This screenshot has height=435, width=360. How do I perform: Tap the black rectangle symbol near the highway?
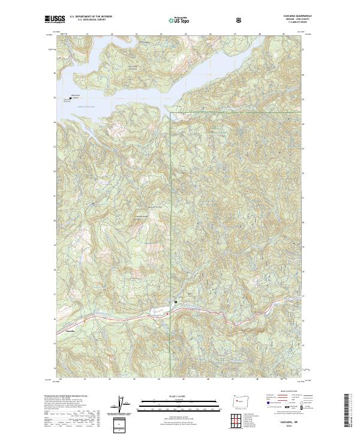click(175, 302)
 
